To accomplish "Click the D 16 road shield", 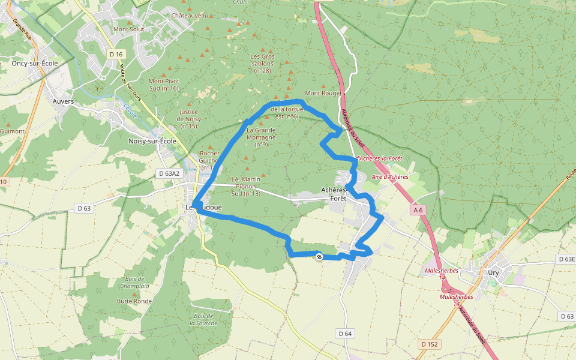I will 116,55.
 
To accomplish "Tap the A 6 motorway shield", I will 418,210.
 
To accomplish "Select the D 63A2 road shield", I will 169,173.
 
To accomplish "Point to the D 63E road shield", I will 566,259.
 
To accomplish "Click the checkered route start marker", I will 319,256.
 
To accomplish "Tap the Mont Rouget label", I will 323,93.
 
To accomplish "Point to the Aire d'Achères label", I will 390,177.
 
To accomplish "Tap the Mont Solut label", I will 128,29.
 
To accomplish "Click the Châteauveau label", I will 190,15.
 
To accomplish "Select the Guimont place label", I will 12,131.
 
